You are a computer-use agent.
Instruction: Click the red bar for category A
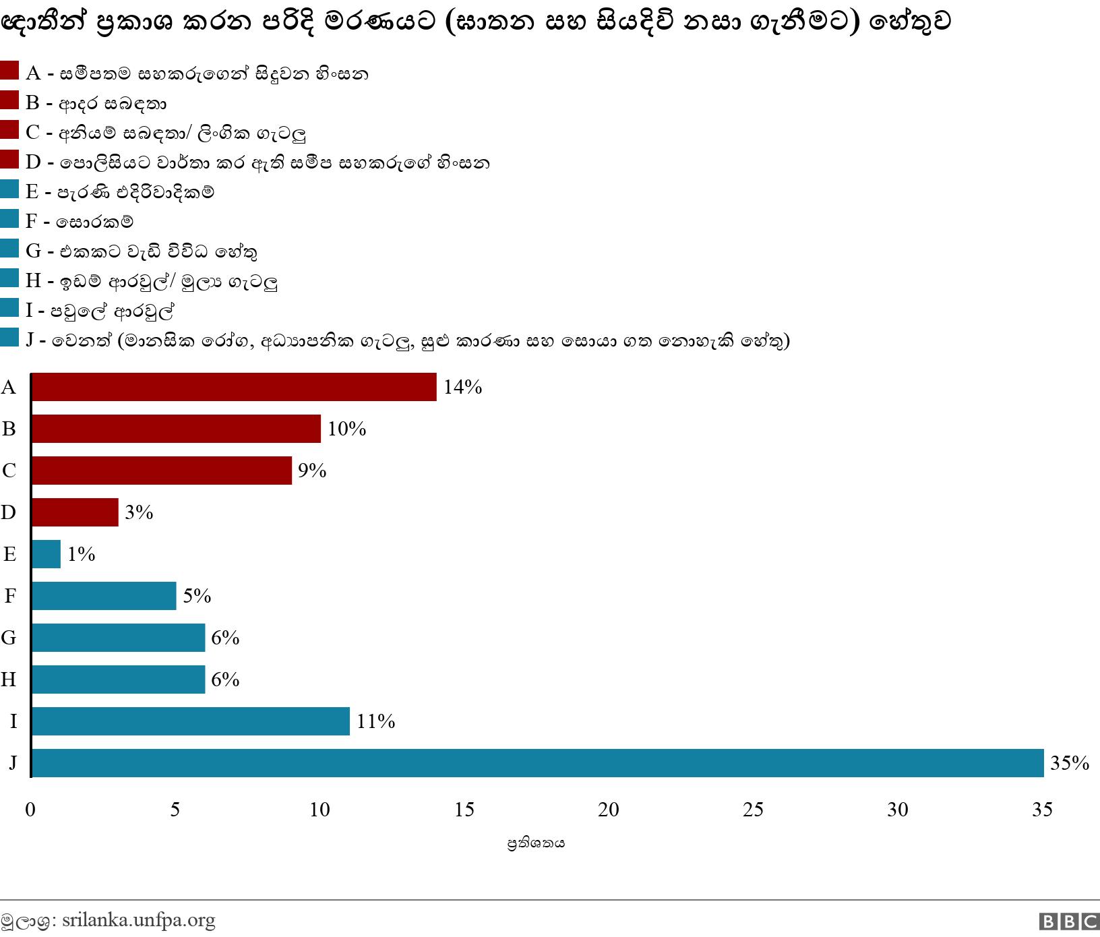(x=234, y=387)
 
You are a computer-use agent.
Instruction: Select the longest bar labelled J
(x=537, y=763)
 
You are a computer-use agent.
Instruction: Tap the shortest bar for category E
(x=46, y=554)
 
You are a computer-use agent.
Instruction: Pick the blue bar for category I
(x=191, y=721)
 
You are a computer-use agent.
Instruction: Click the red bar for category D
(x=75, y=512)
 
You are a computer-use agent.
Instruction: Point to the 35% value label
(x=1070, y=763)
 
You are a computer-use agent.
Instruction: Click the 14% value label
(x=462, y=387)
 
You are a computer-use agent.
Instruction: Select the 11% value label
(x=375, y=721)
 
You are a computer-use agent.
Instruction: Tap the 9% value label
(x=312, y=471)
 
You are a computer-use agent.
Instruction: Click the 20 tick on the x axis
(x=609, y=810)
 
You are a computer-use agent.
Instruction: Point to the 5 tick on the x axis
(x=175, y=810)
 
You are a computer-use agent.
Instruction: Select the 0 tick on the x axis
(x=30, y=810)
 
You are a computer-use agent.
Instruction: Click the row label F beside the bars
(x=9, y=596)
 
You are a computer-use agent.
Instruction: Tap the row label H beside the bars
(x=8, y=679)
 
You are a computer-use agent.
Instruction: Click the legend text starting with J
(x=407, y=340)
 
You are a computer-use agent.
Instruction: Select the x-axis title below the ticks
(x=536, y=843)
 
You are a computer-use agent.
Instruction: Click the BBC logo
(x=1069, y=921)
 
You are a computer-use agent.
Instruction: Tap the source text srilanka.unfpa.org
(x=138, y=920)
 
